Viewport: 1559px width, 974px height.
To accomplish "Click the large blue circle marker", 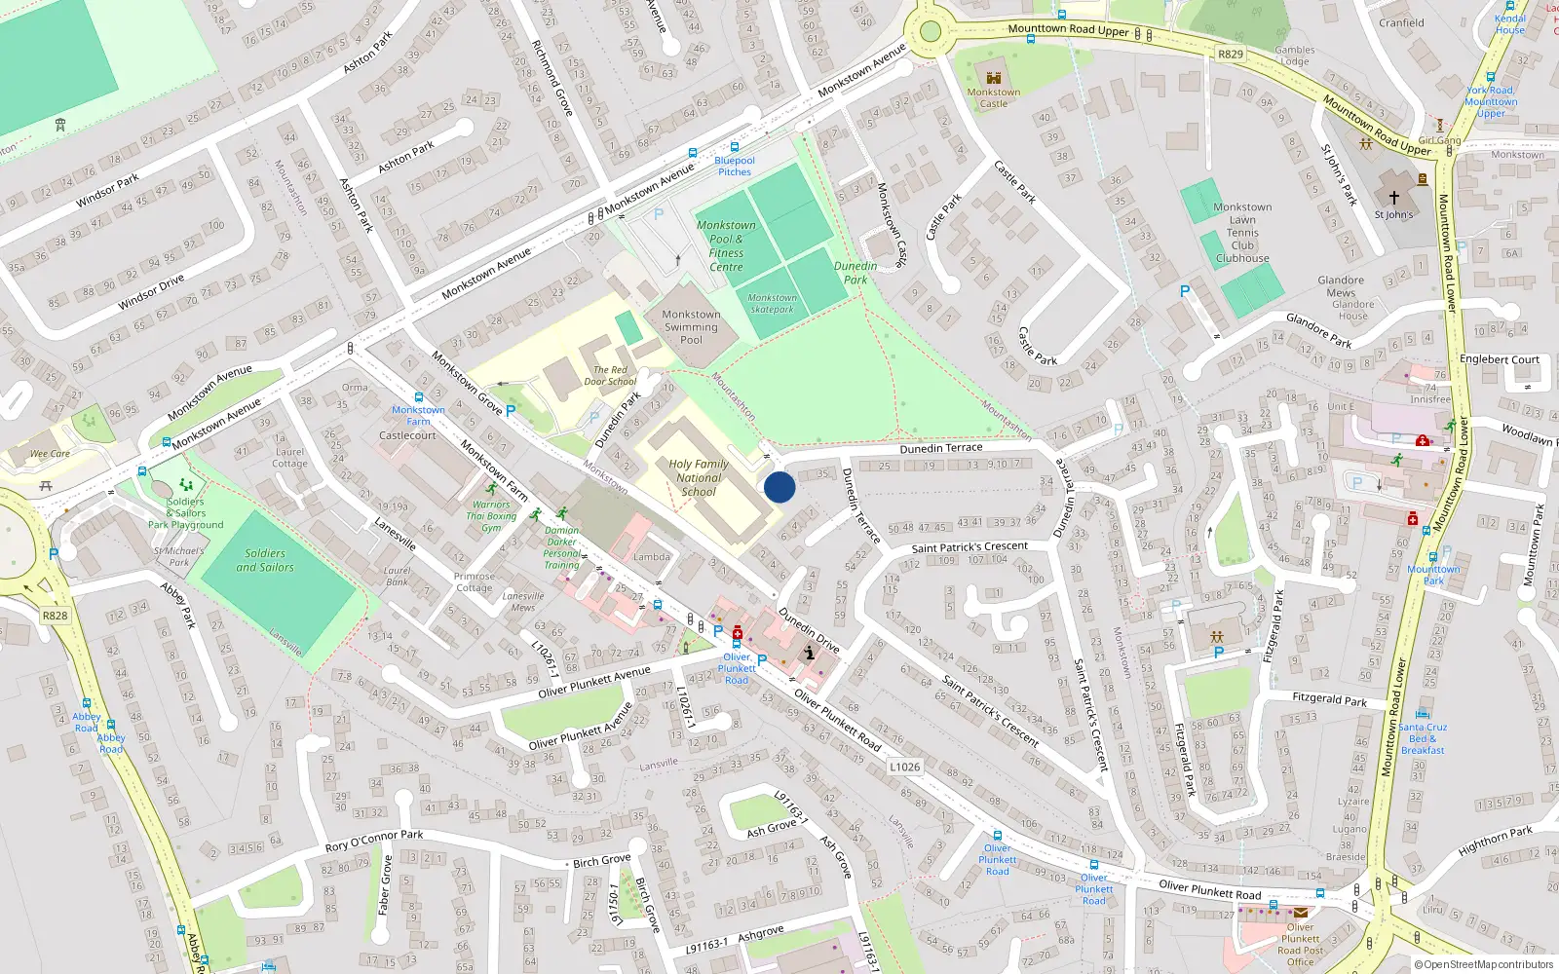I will coord(779,487).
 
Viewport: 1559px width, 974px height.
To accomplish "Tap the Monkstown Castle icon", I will coord(994,78).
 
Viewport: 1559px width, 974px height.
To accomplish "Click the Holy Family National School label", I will coord(699,478).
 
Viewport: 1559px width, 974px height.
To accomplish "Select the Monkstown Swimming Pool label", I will coord(691,327).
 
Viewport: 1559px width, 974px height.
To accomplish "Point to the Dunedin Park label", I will coord(856,273).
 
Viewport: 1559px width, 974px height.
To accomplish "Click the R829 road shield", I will coord(1231,55).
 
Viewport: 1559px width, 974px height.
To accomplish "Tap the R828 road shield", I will coord(56,616).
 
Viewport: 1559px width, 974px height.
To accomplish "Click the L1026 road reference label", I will coord(904,767).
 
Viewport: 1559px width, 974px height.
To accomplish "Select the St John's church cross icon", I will coord(1393,197).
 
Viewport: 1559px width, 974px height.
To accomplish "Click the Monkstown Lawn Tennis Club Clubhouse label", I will coord(1242,233).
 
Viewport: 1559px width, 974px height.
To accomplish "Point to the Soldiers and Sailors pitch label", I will coord(264,560).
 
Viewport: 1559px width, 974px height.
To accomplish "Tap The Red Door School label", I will coord(609,376).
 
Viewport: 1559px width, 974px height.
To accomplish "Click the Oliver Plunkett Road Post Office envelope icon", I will coord(1301,913).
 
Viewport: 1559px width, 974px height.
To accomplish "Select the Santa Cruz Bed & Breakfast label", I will coord(1423,738).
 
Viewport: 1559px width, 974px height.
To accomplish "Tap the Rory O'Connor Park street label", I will coord(374,841).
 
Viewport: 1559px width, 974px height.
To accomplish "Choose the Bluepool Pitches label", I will coord(735,167).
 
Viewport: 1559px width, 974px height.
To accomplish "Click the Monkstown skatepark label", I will coord(773,304).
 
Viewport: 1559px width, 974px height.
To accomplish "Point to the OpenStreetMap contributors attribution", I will coord(1483,965).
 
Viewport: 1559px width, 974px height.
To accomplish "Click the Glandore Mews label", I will coord(1341,286).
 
